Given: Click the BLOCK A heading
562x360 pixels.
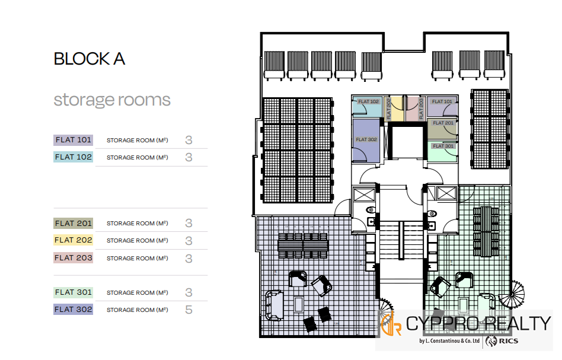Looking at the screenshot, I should click(x=89, y=59).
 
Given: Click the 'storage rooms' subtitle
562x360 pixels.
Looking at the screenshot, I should click(x=112, y=100).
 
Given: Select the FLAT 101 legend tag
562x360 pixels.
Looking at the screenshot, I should click(x=74, y=140).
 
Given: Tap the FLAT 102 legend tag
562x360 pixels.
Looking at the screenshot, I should click(x=74, y=157).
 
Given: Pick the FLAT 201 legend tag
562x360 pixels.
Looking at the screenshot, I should click(x=74, y=224).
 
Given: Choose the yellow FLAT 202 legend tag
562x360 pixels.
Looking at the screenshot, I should click(x=74, y=241).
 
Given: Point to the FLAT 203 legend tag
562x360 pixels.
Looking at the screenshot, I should click(x=74, y=258).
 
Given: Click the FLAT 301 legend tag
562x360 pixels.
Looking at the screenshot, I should click(x=74, y=292).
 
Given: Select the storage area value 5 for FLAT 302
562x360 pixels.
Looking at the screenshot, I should click(x=189, y=310).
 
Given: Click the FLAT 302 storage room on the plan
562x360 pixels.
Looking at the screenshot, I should click(x=366, y=140).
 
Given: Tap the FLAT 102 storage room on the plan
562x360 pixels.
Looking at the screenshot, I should click(x=368, y=106).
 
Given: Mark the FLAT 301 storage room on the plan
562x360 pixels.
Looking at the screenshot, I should click(x=442, y=151).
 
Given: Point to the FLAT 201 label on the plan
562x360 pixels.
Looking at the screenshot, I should click(x=443, y=123).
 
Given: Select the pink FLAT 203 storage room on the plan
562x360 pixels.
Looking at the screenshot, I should click(x=414, y=109).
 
